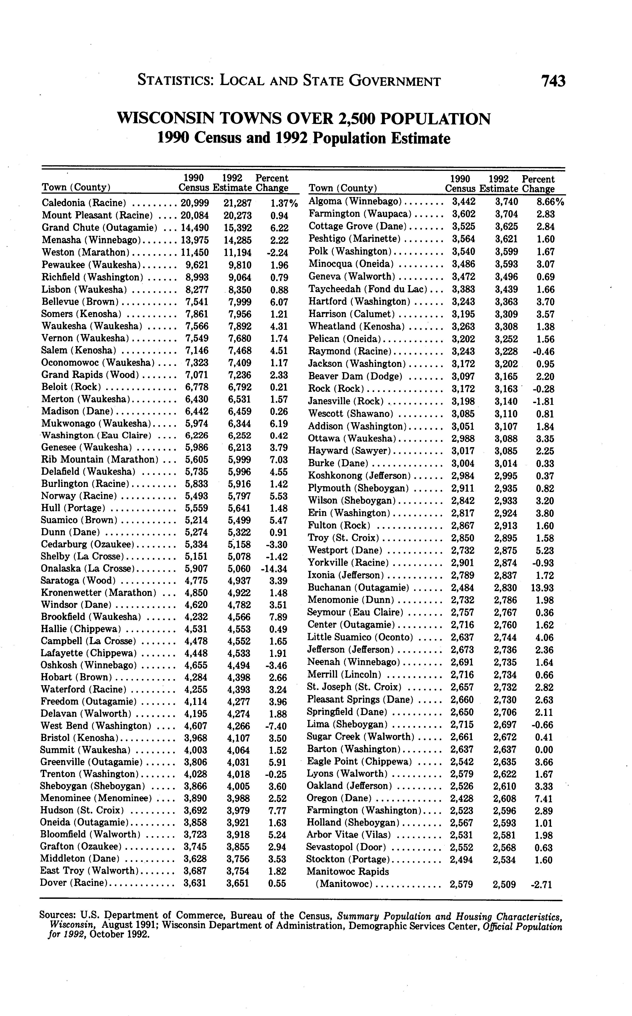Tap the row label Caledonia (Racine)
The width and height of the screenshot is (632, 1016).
pyautogui.click(x=84, y=203)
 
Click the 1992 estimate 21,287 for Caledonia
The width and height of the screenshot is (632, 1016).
pyautogui.click(x=237, y=203)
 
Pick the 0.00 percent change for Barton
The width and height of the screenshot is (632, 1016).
pyautogui.click(x=544, y=749)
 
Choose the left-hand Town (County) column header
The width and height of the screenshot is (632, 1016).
pyautogui.click(x=76, y=187)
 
